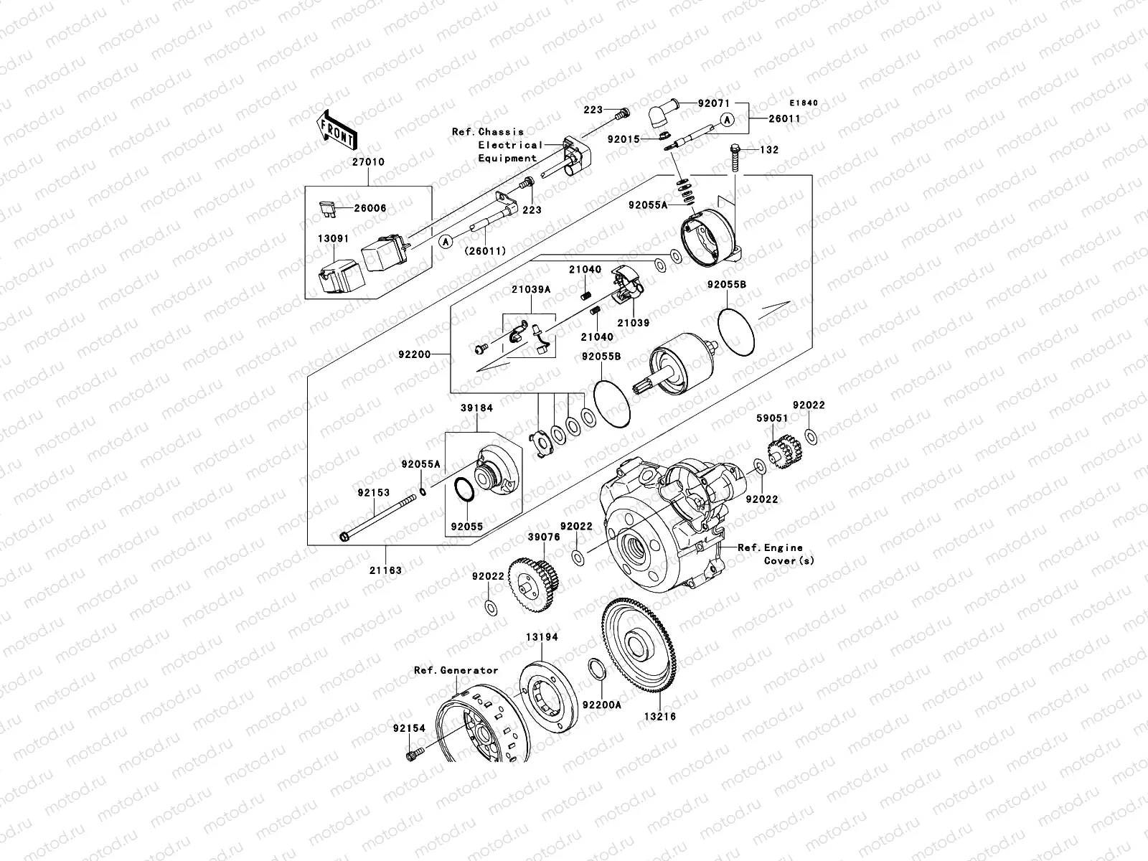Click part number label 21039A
coord(531,289)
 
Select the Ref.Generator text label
coord(456,670)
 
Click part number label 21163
coord(386,570)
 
